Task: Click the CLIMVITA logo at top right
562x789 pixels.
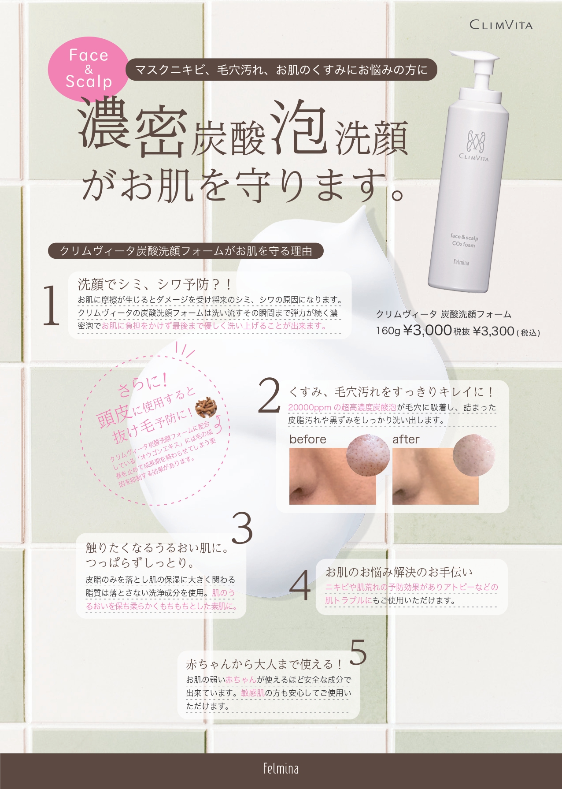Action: (501, 25)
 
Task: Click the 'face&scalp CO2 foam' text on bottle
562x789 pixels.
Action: (464, 241)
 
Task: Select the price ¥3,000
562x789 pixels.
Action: (427, 330)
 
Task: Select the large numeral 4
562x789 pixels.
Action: (300, 585)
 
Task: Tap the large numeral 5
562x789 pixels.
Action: (359, 652)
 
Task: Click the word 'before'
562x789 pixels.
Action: (308, 439)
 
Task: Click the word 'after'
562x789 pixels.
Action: (406, 439)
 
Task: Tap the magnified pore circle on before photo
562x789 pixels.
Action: (368, 456)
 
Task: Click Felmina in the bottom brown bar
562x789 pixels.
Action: (281, 769)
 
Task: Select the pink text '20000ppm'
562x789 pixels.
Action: (310, 408)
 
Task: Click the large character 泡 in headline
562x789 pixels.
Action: (299, 128)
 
